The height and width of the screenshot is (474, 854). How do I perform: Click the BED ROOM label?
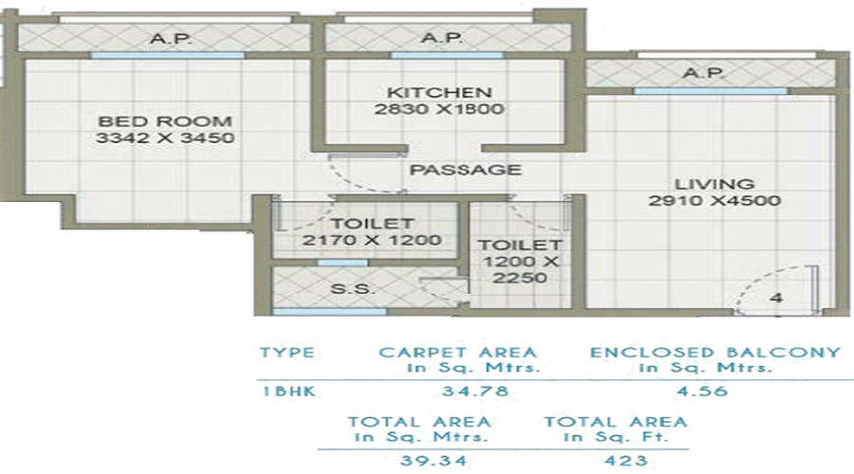point(165,121)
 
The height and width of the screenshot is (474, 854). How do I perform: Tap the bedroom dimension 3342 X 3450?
point(165,138)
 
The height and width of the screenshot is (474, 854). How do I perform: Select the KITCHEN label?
point(438,93)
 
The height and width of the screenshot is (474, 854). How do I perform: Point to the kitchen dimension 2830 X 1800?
point(438,109)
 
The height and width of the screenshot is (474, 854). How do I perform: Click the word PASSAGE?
point(465,170)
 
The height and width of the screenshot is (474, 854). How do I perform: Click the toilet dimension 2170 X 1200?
point(372,241)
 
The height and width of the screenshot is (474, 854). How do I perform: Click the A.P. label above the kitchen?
point(441,39)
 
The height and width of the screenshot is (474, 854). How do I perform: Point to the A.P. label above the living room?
point(703,73)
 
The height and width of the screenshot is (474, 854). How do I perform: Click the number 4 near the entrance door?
point(775,298)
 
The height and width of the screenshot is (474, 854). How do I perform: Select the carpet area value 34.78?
point(458,391)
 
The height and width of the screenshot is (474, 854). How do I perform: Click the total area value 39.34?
point(419,461)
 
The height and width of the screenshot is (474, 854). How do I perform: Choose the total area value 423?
point(614,461)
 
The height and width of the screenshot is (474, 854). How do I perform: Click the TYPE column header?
point(287,353)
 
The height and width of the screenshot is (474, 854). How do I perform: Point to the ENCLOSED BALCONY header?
point(715,353)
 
